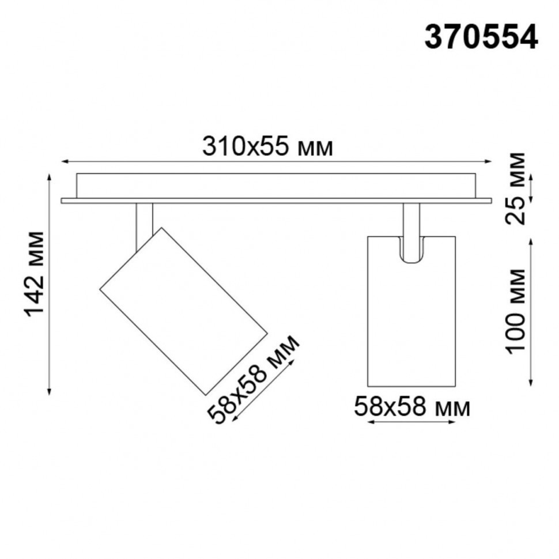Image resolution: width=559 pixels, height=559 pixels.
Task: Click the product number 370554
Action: tap(481, 39)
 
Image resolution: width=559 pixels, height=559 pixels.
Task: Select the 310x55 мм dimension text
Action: tap(267, 148)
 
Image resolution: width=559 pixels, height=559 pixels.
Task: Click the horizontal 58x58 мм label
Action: tap(411, 407)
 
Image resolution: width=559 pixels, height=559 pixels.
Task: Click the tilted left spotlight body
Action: tap(183, 311)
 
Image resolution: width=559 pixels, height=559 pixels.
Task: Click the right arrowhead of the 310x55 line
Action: tap(489, 161)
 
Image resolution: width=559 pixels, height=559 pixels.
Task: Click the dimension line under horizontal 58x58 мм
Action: tap(411, 422)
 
